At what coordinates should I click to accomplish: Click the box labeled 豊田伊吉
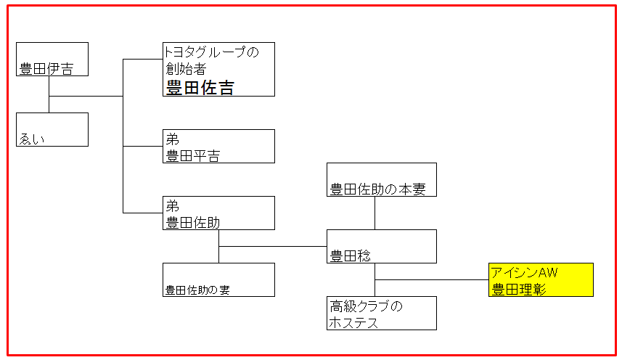[x=52, y=59]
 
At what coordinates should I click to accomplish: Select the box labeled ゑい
[x=52, y=130]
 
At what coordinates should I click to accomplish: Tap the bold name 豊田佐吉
[x=200, y=87]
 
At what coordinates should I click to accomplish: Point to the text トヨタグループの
[x=211, y=52]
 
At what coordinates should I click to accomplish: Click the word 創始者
[x=186, y=69]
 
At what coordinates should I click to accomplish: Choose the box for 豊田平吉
[x=218, y=147]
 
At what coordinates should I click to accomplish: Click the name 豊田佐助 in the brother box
[x=193, y=222]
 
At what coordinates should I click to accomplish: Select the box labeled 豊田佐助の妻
[x=218, y=280]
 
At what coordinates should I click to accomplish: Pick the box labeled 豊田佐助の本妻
[x=382, y=179]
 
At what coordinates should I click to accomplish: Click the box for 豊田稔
[x=382, y=246]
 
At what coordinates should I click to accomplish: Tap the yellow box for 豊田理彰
[x=541, y=280]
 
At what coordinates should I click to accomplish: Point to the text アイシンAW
[x=525, y=272]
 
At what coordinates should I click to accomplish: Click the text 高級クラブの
[x=366, y=306]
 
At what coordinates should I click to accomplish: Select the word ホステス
[x=354, y=323]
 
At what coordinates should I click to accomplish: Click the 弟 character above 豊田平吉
[x=173, y=139]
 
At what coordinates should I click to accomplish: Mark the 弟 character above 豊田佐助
[x=173, y=205]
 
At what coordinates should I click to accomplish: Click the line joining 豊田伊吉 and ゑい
[x=49, y=94]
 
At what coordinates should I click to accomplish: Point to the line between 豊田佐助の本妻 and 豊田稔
[x=375, y=213]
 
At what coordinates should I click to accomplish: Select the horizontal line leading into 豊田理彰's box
[x=432, y=280]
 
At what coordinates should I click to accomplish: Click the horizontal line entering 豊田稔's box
[x=273, y=246]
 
